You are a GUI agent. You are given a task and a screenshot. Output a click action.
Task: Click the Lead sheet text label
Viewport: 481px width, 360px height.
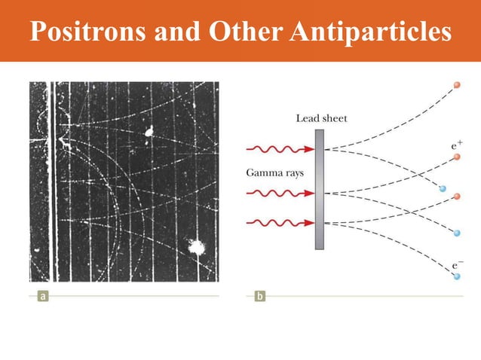tap(322, 118)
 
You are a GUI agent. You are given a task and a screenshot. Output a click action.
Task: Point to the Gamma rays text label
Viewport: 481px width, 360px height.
tap(274, 172)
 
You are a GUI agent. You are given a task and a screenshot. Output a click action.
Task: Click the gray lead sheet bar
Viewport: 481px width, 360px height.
tap(320, 189)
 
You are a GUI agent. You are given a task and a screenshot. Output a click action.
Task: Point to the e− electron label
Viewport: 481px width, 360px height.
tap(457, 265)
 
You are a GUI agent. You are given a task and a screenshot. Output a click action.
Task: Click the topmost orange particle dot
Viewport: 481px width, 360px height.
tap(456, 86)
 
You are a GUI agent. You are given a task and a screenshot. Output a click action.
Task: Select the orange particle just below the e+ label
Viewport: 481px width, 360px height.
tap(457, 157)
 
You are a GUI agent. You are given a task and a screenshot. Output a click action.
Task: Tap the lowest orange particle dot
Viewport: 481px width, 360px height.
tap(456, 198)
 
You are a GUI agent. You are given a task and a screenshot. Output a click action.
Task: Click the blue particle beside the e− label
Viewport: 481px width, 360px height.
tap(457, 277)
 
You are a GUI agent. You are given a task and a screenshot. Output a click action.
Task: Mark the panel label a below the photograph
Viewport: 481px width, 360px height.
tap(44, 296)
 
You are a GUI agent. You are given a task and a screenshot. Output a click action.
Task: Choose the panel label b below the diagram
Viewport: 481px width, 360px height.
tap(260, 296)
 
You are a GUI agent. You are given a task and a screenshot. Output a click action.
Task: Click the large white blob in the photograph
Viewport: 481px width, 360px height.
tap(198, 246)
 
